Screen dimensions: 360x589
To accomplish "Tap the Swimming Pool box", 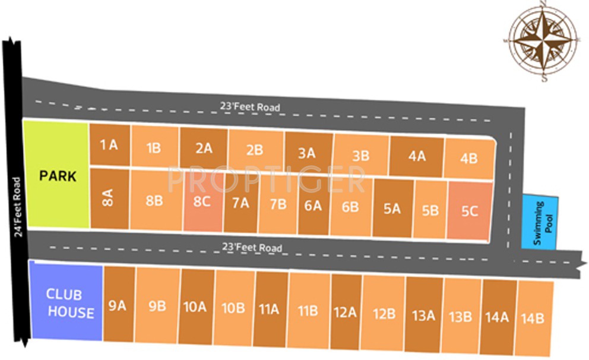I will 540,222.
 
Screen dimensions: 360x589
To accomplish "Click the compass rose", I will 544,40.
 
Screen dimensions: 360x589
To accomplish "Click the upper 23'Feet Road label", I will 250,107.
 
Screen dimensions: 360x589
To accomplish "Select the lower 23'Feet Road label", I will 252,247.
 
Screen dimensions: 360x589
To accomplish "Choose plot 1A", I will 109,145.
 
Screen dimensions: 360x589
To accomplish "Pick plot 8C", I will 202,201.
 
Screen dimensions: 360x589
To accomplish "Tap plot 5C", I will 470,210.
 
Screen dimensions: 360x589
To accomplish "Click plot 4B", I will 468,158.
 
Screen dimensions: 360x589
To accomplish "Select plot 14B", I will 532,318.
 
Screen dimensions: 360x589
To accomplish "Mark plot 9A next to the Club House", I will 118,305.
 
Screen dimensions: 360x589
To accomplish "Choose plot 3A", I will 306,153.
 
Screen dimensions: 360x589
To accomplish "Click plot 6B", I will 350,207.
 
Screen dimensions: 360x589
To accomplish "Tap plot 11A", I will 269,309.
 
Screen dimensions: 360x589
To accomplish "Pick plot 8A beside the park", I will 108,198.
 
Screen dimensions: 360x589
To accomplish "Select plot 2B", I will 254,150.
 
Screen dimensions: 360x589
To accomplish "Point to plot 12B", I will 384,312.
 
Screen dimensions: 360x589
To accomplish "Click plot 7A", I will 240,203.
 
